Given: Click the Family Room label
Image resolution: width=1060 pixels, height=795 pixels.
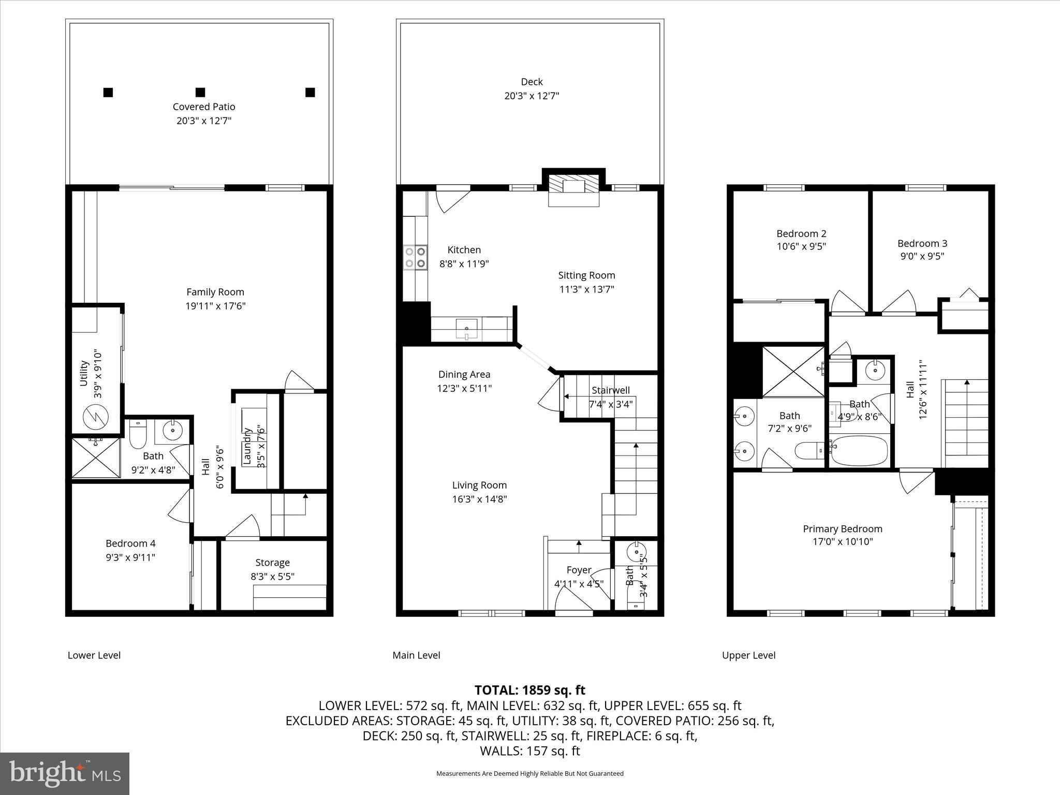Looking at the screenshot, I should tap(215, 292).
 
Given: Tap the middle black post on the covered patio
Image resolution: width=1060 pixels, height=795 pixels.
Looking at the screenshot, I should tap(200, 93).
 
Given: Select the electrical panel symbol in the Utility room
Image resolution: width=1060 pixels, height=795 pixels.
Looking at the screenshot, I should tap(96, 416).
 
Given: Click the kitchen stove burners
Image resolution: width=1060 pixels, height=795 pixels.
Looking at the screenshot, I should tap(415, 257).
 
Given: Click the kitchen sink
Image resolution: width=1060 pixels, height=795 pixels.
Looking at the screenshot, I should tap(467, 329).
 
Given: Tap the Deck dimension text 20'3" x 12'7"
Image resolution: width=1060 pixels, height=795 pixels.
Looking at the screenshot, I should tap(532, 96).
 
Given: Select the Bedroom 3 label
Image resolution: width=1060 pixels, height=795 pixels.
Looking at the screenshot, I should tap(922, 243).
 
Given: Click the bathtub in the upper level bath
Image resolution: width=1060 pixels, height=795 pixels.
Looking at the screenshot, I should tap(858, 450).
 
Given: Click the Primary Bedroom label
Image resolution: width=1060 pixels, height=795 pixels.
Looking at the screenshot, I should tap(842, 528).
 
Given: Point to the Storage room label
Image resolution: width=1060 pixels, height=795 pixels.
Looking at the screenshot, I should tap(272, 562).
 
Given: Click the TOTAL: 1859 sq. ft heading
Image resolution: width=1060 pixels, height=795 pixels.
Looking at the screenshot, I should tap(529, 690).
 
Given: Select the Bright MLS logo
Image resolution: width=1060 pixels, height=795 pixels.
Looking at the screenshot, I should tap(65, 774).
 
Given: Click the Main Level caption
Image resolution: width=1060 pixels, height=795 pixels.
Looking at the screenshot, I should tap(416, 655).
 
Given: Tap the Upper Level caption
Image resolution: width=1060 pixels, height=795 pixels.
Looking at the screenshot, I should tap(748, 655).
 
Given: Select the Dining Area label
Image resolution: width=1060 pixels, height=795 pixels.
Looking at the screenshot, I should tap(464, 374).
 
